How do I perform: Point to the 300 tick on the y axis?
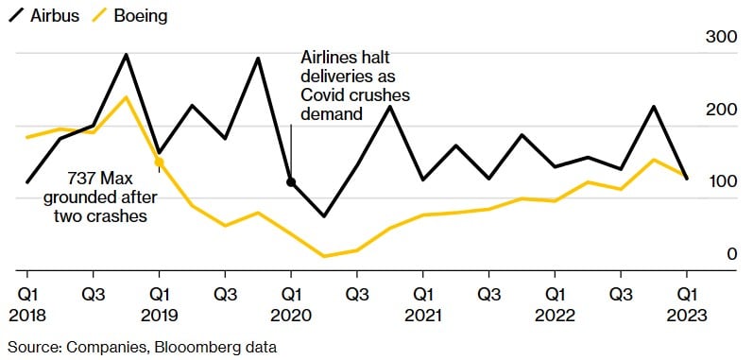pos(723,38)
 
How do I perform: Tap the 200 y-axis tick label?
pos(723,110)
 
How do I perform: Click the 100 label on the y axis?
pos(723,181)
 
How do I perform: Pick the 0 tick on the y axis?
pos(731,253)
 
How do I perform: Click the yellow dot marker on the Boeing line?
pos(159,163)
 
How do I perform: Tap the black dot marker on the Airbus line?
pos(291,181)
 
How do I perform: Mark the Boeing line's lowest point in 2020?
pos(324,256)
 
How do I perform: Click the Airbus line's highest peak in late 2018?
pos(126,54)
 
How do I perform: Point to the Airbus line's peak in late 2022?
pos(654,106)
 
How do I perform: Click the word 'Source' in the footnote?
pos(30,347)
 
